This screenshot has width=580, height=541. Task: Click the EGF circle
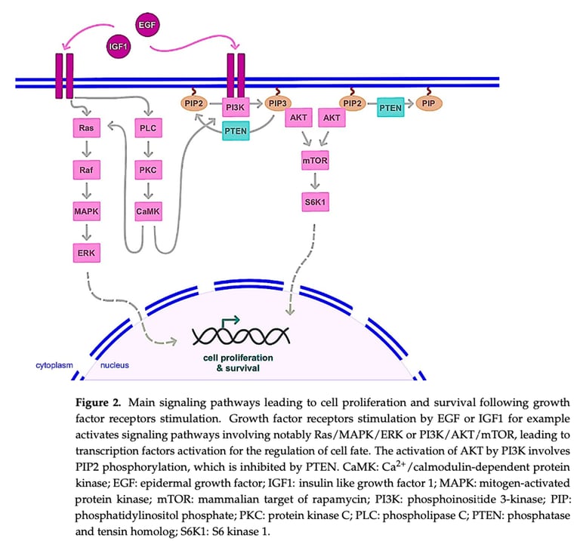click(x=148, y=25)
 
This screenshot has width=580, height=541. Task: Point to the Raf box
click(x=85, y=171)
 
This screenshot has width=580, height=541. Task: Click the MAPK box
click(x=85, y=211)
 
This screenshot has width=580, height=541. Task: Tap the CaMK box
click(x=148, y=211)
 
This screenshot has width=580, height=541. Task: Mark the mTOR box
click(x=314, y=161)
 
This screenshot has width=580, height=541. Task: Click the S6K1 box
click(x=314, y=202)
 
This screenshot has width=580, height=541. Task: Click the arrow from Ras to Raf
click(x=85, y=149)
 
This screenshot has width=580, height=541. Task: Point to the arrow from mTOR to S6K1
click(x=314, y=182)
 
